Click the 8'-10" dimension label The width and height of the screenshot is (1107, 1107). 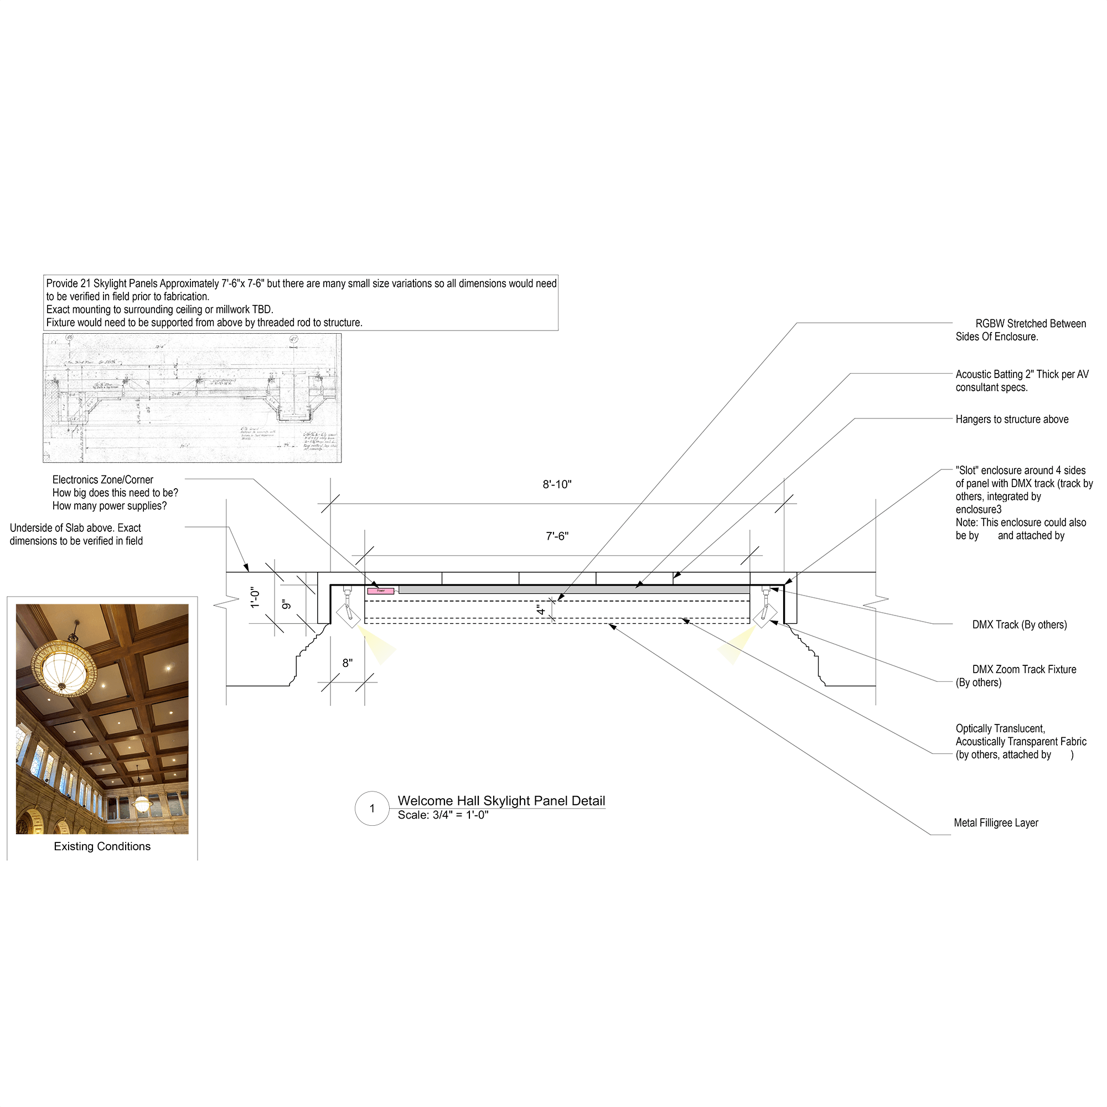pyautogui.click(x=556, y=485)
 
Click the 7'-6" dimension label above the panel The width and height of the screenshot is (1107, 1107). pyautogui.click(x=556, y=536)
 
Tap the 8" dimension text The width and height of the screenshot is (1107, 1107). pyautogui.click(x=347, y=663)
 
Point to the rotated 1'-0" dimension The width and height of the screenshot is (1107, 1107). pyautogui.click(x=255, y=597)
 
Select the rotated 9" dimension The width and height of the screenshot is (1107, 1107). pyautogui.click(x=287, y=604)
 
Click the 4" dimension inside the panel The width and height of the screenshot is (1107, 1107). pyautogui.click(x=540, y=609)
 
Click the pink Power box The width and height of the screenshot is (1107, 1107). pyautogui.click(x=380, y=591)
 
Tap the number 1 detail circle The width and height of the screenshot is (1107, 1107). pyautogui.click(x=373, y=809)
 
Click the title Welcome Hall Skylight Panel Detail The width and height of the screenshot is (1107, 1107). pyautogui.click(x=501, y=800)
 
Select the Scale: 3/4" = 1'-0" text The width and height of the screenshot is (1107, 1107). pyautogui.click(x=443, y=815)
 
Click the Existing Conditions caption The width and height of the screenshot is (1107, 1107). pyautogui.click(x=102, y=846)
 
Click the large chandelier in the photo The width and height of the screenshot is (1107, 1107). pyautogui.click(x=63, y=668)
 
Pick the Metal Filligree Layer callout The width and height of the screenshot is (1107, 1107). pyautogui.click(x=996, y=823)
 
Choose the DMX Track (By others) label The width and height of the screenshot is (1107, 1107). pyautogui.click(x=1020, y=624)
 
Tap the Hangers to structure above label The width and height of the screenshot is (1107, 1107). pyautogui.click(x=1011, y=420)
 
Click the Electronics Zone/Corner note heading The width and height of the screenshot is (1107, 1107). pyautogui.click(x=102, y=479)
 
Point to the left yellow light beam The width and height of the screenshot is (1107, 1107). pyautogui.click(x=377, y=645)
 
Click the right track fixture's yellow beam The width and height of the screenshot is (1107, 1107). pyautogui.click(x=737, y=645)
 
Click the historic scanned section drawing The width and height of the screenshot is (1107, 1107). pyautogui.click(x=192, y=397)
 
